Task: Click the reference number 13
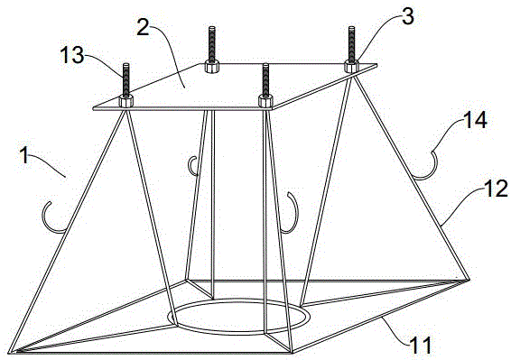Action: pos(72,55)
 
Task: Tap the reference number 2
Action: pos(144,28)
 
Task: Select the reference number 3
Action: pos(408,16)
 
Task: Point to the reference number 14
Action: pos(476,120)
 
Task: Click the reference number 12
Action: pos(497,189)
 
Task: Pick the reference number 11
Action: pos(421,346)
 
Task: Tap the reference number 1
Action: pos(25,155)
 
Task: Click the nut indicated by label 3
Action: pos(351,67)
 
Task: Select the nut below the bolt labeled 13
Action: pos(125,101)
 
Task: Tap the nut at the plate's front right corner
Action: pos(265,101)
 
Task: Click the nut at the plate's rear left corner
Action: pos(212,67)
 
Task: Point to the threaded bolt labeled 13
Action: pos(125,79)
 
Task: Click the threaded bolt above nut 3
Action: pos(351,43)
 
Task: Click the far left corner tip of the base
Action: pos(10,352)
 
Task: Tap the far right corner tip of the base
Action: pos(469,280)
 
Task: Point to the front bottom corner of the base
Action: pos(293,352)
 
